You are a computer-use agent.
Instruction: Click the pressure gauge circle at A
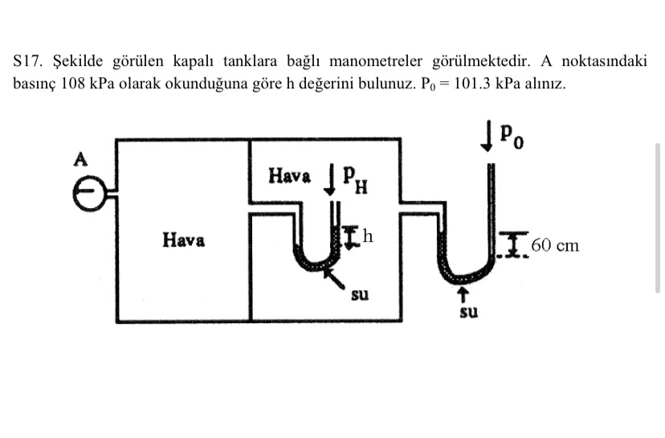(x=89, y=193)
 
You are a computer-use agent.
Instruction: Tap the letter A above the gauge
(x=80, y=158)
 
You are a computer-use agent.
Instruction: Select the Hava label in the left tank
(x=183, y=239)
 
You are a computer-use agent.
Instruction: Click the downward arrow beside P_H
(x=329, y=178)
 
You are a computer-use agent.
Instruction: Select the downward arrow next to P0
(x=486, y=134)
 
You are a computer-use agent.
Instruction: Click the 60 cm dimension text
(x=554, y=245)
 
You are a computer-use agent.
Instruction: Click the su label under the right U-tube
(x=468, y=312)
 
